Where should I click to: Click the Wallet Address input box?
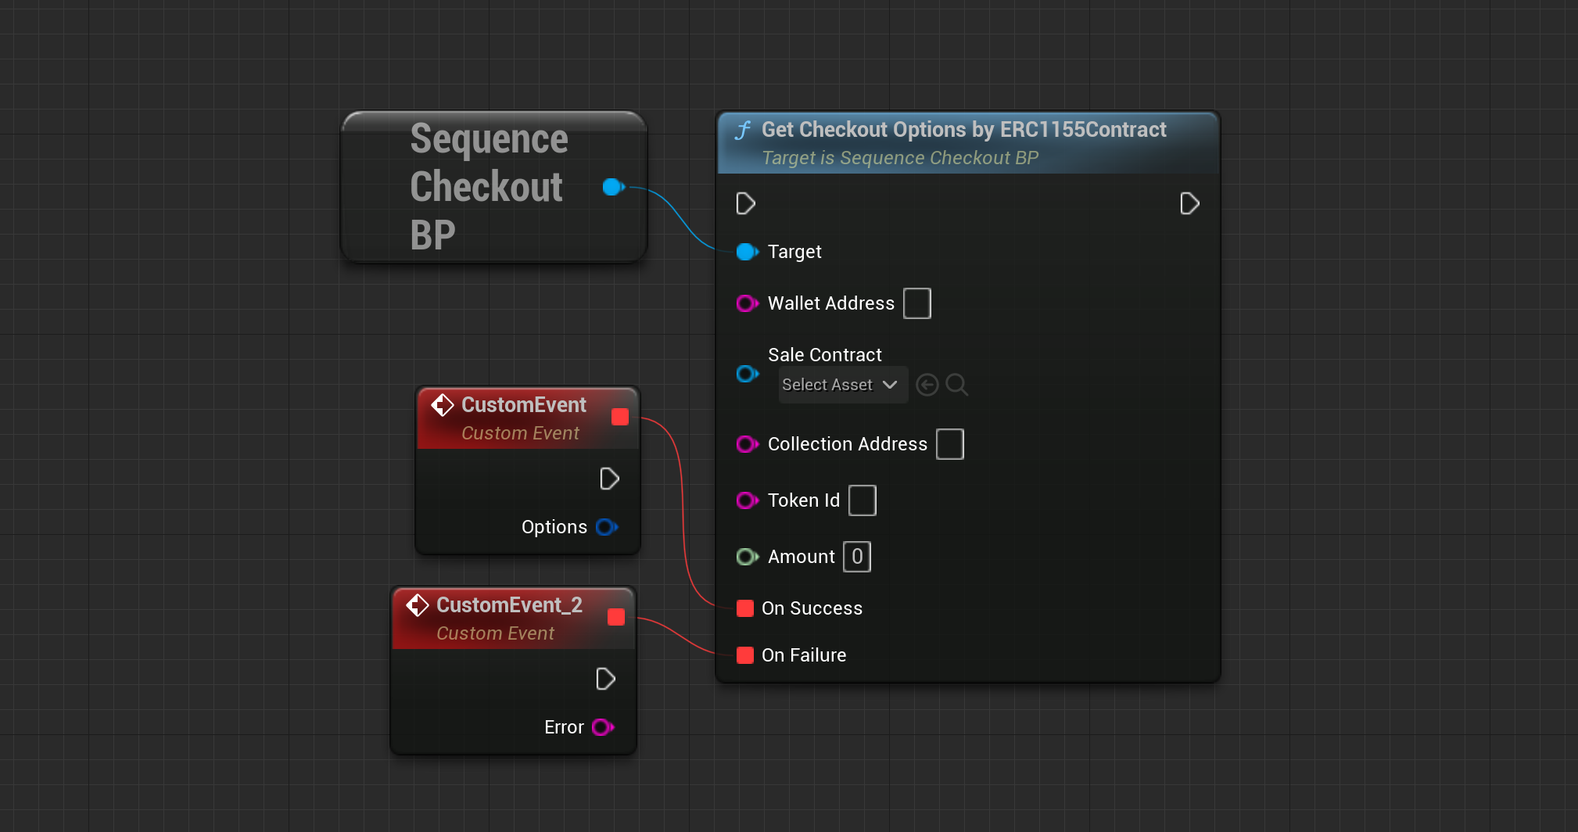[x=916, y=303]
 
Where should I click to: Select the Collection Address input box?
[x=949, y=444]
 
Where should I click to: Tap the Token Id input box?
[x=862, y=500]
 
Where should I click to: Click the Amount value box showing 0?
[x=857, y=557]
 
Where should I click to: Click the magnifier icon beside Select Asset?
[x=956, y=385]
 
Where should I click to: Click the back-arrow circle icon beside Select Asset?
[x=927, y=385]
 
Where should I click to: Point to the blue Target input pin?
[x=747, y=252]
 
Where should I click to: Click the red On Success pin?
[x=745, y=608]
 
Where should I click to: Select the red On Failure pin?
[x=745, y=655]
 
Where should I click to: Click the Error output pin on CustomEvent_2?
[x=602, y=727]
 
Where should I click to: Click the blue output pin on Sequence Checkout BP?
[x=613, y=187]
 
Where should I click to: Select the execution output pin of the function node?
[x=1189, y=203]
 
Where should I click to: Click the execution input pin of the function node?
[x=745, y=203]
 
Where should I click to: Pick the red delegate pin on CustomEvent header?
[x=620, y=417]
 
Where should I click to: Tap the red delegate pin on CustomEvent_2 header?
[x=616, y=617]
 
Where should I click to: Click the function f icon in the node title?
[x=743, y=130]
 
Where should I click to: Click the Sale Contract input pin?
[x=747, y=374]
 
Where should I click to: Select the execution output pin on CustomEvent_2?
[x=606, y=679]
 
